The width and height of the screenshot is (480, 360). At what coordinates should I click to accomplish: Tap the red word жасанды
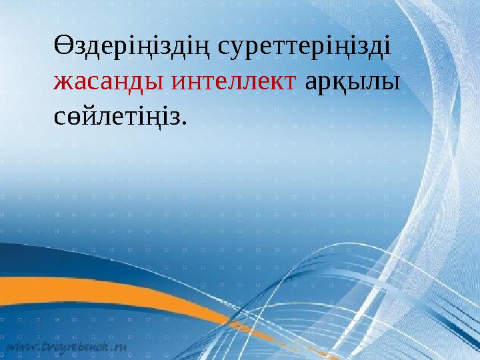pos(109,82)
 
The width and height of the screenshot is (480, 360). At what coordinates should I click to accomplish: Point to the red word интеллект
pos(234,82)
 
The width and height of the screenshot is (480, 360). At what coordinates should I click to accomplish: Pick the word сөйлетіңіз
pos(117,117)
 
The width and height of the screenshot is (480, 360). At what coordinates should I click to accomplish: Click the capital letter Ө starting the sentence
pos(62,47)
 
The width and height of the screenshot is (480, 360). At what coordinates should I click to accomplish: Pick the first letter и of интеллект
pos(179,83)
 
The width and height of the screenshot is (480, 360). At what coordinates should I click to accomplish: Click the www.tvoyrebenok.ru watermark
pos(67,347)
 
